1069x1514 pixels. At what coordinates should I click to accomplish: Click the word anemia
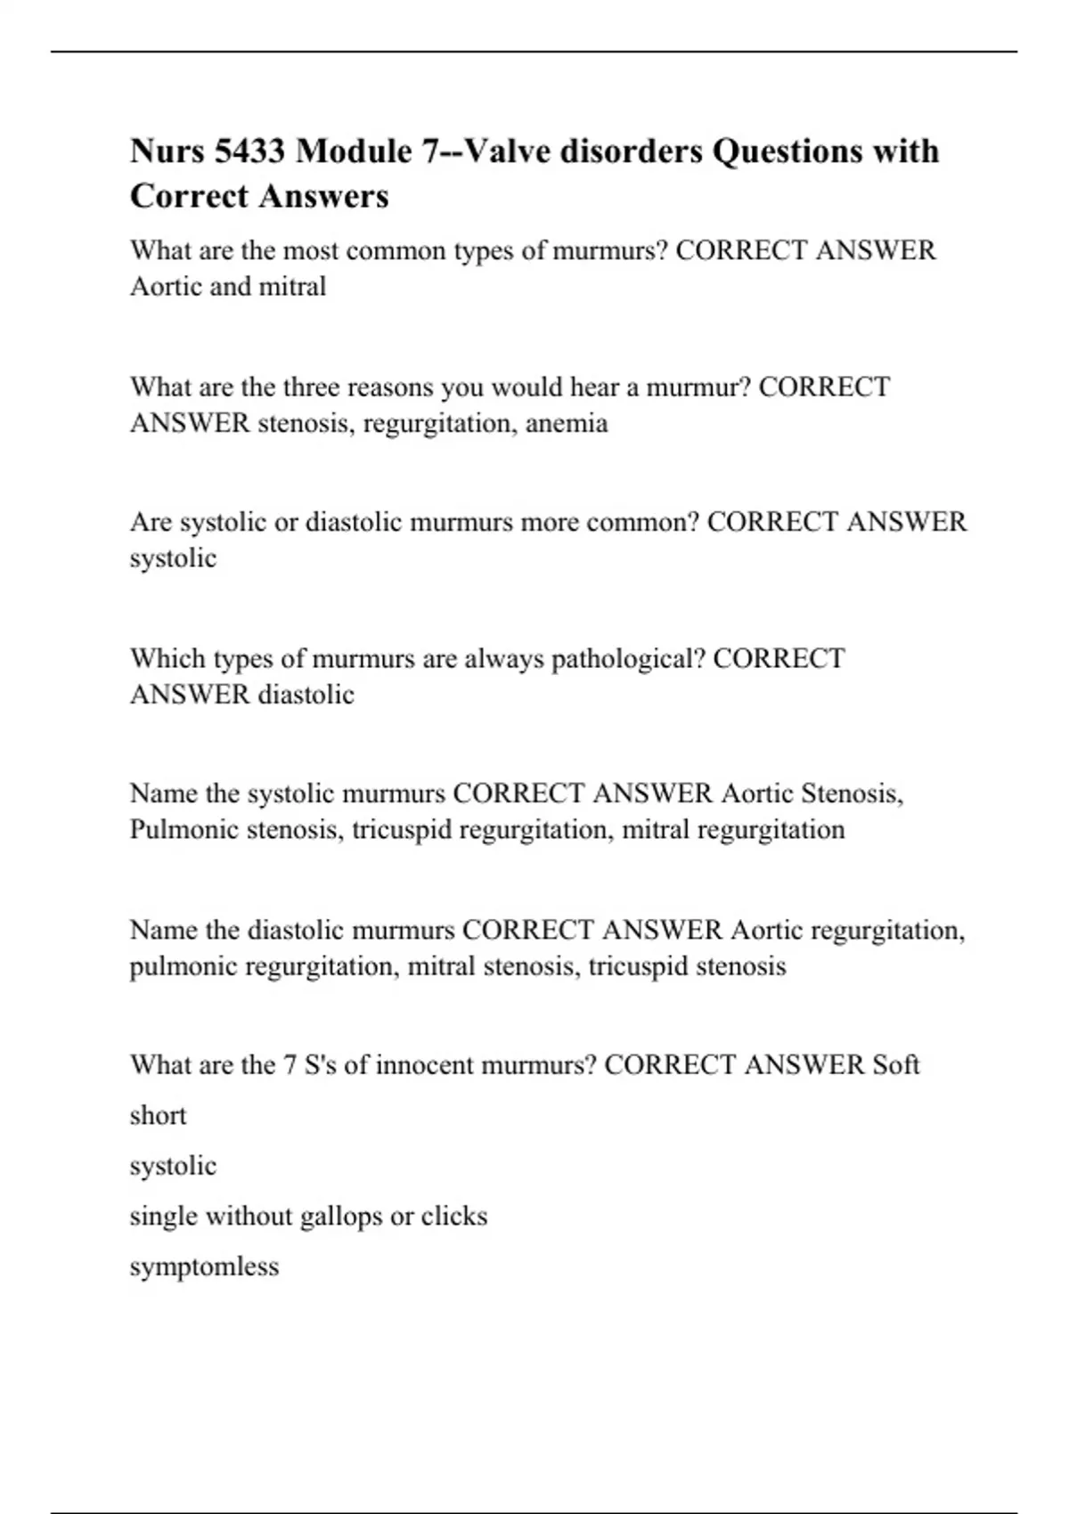(x=567, y=423)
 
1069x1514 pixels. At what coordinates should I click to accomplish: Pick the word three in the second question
(x=311, y=387)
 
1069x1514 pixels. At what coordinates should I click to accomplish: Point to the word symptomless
(x=204, y=1266)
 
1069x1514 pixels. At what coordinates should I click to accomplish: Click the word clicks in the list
(x=454, y=1217)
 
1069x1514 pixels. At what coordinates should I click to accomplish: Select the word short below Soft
(x=158, y=1116)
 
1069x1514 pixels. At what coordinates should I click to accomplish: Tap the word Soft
(x=895, y=1065)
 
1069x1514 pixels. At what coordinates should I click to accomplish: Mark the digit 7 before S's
(x=290, y=1065)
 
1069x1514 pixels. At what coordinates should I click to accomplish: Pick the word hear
(x=594, y=387)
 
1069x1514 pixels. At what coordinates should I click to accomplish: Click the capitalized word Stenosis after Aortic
(x=852, y=794)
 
